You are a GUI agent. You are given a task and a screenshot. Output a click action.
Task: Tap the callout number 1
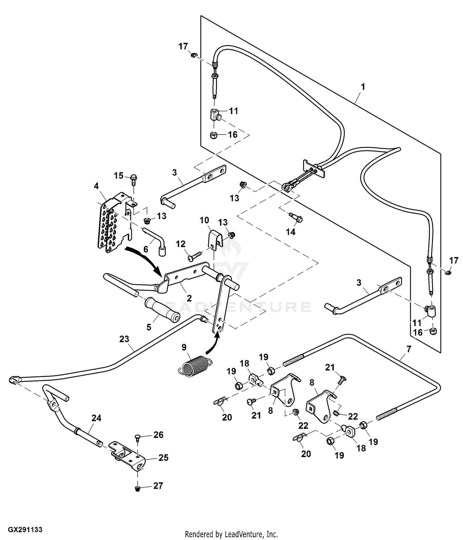[363, 87]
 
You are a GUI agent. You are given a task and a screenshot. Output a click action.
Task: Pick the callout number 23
[124, 339]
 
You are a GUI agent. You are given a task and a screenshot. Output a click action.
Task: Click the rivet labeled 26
[137, 437]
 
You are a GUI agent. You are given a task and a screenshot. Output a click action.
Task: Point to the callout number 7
[409, 349]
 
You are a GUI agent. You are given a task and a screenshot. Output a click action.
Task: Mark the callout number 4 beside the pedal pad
[96, 186]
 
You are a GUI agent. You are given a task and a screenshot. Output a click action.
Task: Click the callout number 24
[96, 418]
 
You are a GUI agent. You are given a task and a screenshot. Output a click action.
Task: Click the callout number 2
[189, 298]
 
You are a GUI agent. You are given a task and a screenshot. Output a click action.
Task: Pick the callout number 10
[204, 220]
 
